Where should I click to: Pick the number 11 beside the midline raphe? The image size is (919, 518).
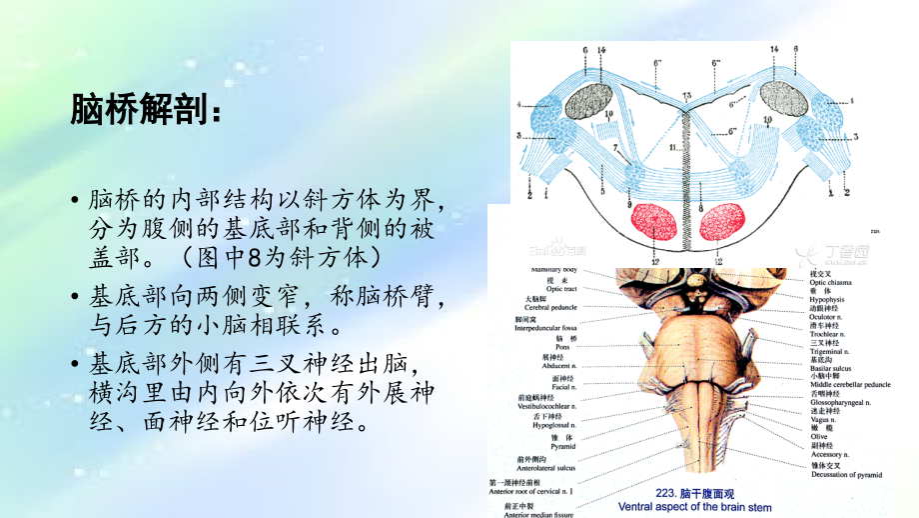pos(673,147)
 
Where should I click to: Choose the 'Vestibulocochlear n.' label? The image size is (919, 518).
pos(536,404)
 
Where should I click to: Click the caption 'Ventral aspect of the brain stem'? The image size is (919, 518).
pos(695,507)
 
